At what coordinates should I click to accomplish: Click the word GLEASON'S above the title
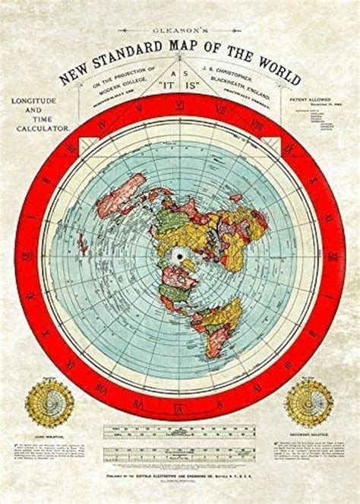[179, 30]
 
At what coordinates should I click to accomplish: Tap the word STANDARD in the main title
[132, 55]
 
